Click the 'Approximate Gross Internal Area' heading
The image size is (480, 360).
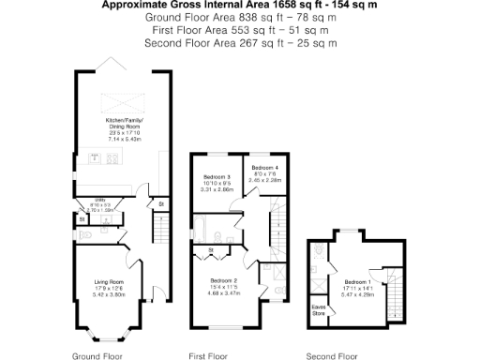pos(239,6)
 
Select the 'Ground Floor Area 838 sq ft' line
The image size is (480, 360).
pos(239,18)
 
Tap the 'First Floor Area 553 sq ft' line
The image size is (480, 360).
pos(239,30)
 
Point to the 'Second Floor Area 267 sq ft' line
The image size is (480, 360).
pos(239,42)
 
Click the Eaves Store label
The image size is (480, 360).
pos(319,308)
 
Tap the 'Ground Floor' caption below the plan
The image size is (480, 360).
pos(97,355)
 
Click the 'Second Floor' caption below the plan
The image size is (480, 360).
pos(333,355)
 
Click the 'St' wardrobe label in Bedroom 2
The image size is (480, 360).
pos(211,249)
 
